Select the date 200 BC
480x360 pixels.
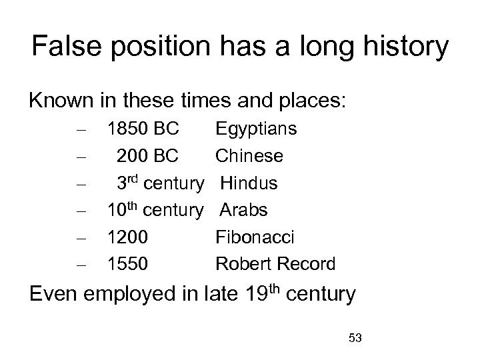pyautogui.click(x=147, y=156)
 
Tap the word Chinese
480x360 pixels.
pyautogui.click(x=249, y=156)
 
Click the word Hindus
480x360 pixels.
pyautogui.click(x=249, y=183)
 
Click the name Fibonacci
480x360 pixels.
pyautogui.click(x=255, y=237)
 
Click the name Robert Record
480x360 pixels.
pyautogui.click(x=275, y=264)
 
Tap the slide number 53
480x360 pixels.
pyautogui.click(x=355, y=339)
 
